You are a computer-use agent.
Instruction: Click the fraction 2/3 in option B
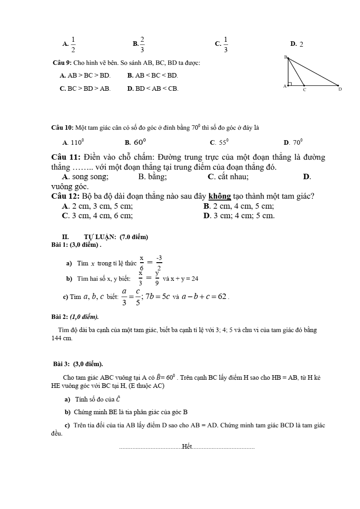coord(142,44)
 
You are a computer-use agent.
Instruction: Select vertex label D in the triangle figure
coord(340,89)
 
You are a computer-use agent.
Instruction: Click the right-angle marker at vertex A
coord(290,84)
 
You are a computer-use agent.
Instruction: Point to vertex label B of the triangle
coord(286,57)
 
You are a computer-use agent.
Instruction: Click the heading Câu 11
coord(66,157)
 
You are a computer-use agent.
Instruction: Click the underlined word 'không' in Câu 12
coord(220,196)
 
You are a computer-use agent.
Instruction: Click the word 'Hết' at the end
coord(186,447)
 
